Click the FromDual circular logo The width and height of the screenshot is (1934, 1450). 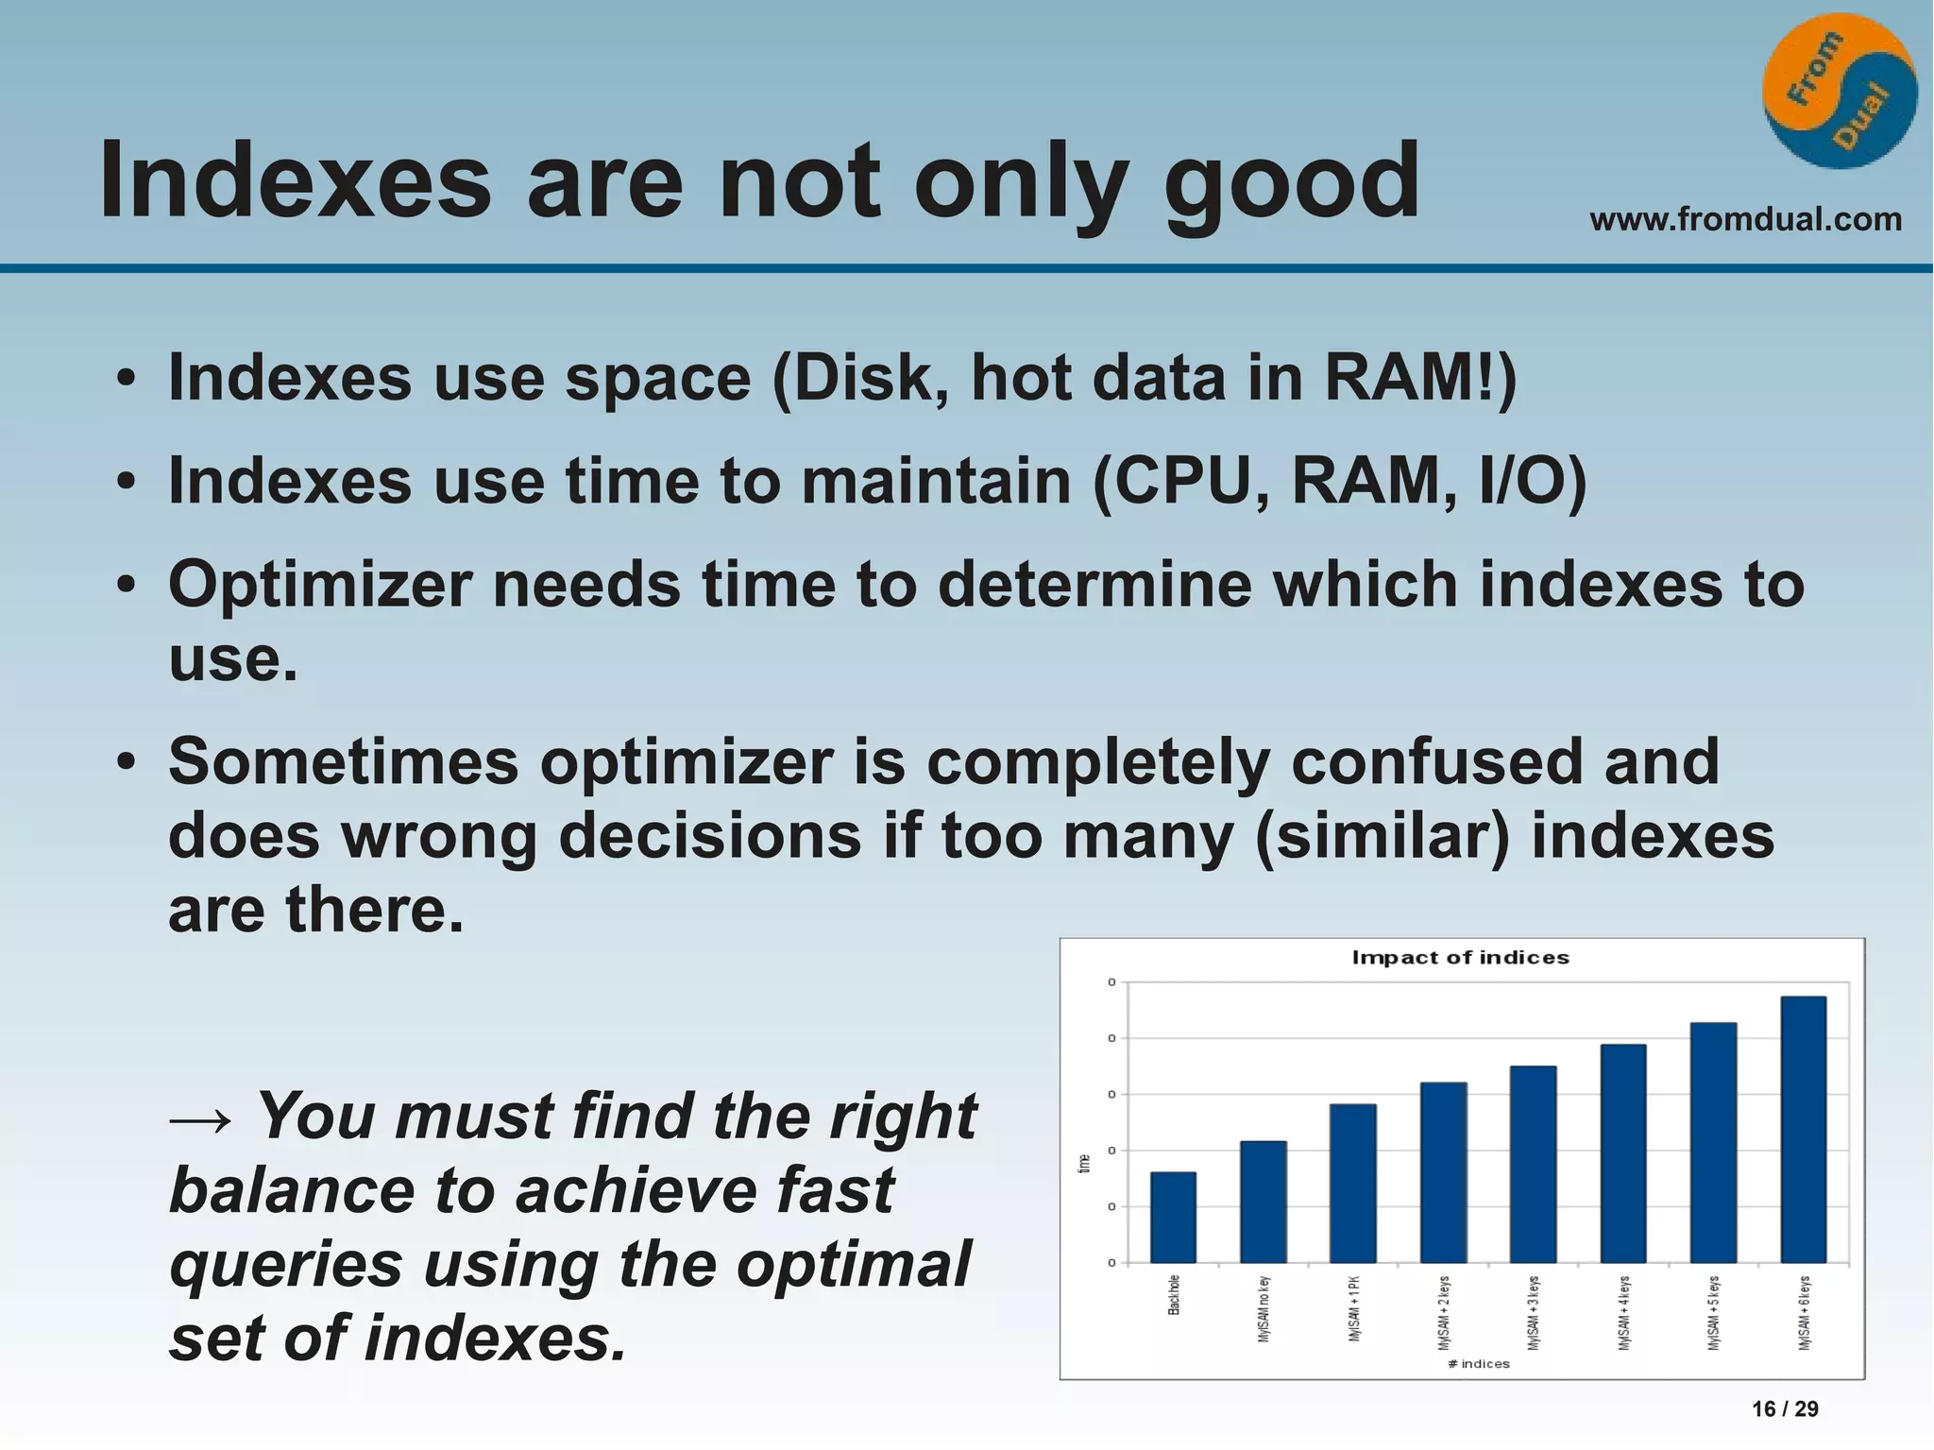1840,91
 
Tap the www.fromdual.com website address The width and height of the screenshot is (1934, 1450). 1745,219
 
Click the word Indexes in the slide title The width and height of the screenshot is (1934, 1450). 295,179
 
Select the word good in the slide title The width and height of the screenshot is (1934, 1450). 1291,181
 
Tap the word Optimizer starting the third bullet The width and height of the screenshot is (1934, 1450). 320,585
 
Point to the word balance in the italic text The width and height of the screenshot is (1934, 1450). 291,1190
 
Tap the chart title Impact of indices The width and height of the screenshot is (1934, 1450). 1460,958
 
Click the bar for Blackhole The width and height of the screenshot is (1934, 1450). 1173,1218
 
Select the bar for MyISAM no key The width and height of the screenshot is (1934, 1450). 1263,1202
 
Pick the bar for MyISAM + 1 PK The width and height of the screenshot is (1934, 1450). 1352,1183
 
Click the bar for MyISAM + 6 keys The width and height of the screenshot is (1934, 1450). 1803,1129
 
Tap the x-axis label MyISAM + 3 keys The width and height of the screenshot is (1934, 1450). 1534,1312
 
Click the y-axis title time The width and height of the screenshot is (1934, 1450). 1084,1164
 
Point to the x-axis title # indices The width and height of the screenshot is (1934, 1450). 1479,1363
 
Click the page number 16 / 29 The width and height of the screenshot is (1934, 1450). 1785,1409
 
